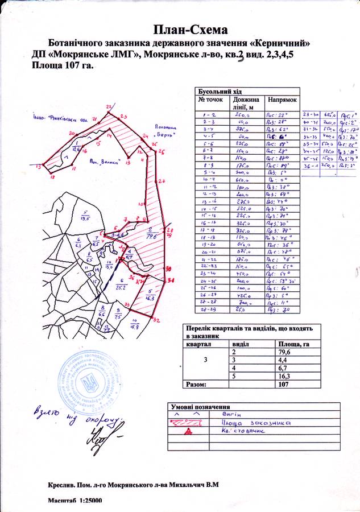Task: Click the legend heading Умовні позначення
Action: (200, 407)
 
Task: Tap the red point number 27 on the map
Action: (162, 181)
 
